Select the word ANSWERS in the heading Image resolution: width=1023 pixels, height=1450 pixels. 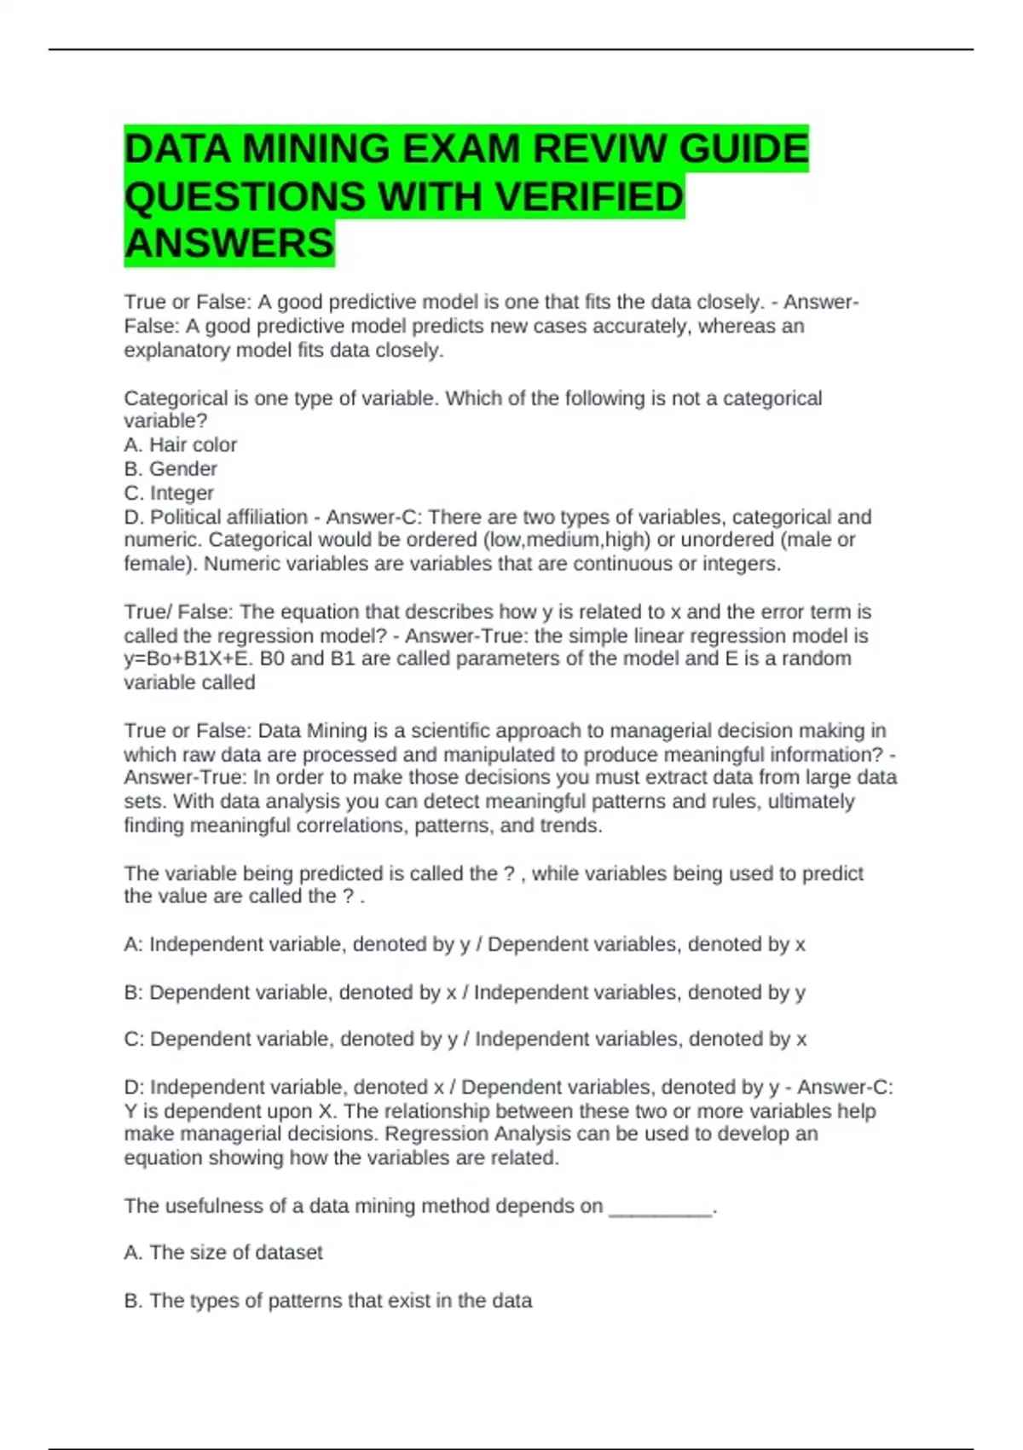[229, 243]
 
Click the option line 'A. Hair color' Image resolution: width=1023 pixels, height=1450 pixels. [181, 444]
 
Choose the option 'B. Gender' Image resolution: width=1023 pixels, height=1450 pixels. [170, 468]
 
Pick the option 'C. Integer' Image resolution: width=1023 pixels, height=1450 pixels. [169, 493]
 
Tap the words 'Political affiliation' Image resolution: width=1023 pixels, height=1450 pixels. [228, 517]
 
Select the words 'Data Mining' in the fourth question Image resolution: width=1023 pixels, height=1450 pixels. [300, 731]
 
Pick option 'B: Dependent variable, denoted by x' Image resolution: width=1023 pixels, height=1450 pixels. [291, 992]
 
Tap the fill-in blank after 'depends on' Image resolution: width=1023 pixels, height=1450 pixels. [661, 1207]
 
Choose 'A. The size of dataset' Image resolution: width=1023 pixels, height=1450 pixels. [223, 1252]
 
